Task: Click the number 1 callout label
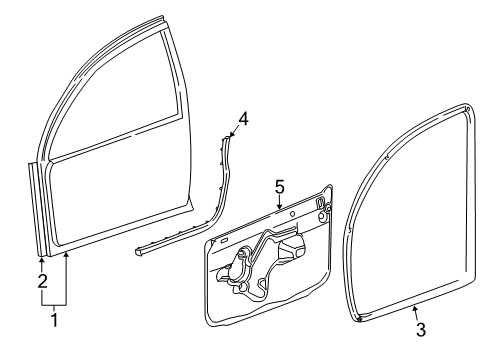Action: (53, 321)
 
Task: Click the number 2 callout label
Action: (42, 281)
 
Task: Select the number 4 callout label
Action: (242, 117)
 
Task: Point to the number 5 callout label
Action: (280, 186)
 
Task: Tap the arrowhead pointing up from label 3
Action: (414, 310)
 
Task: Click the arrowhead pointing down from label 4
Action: (231, 134)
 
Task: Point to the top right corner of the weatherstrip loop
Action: (469, 106)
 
